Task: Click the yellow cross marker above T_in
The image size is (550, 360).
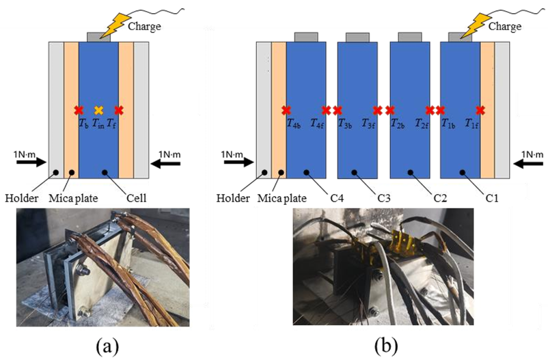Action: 99,109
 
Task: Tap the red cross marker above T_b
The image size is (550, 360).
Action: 78,109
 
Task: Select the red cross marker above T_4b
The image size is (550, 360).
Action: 286,109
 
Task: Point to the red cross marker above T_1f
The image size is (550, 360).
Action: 480,109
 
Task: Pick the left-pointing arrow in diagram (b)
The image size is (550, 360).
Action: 528,163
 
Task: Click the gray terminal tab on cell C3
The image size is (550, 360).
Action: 358,37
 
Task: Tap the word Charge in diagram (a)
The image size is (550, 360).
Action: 144,25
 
